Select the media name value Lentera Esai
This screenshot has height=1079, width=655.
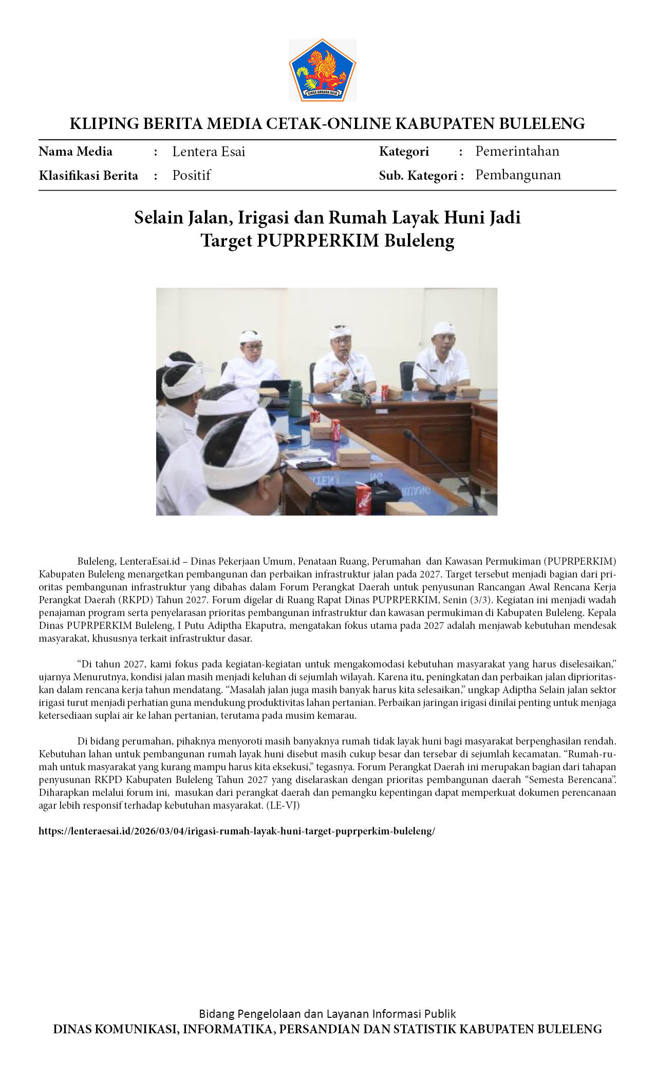(209, 152)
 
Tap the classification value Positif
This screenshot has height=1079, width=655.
(191, 175)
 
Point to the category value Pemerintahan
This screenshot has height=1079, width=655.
(517, 151)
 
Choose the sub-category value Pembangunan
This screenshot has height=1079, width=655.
(518, 175)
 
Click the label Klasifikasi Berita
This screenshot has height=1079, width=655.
(88, 176)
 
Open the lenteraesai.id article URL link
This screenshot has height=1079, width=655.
(237, 831)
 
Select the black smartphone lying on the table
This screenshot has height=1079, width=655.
(312, 465)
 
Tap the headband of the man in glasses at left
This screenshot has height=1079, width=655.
(250, 337)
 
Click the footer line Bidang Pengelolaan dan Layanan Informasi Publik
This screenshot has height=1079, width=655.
(327, 1014)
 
